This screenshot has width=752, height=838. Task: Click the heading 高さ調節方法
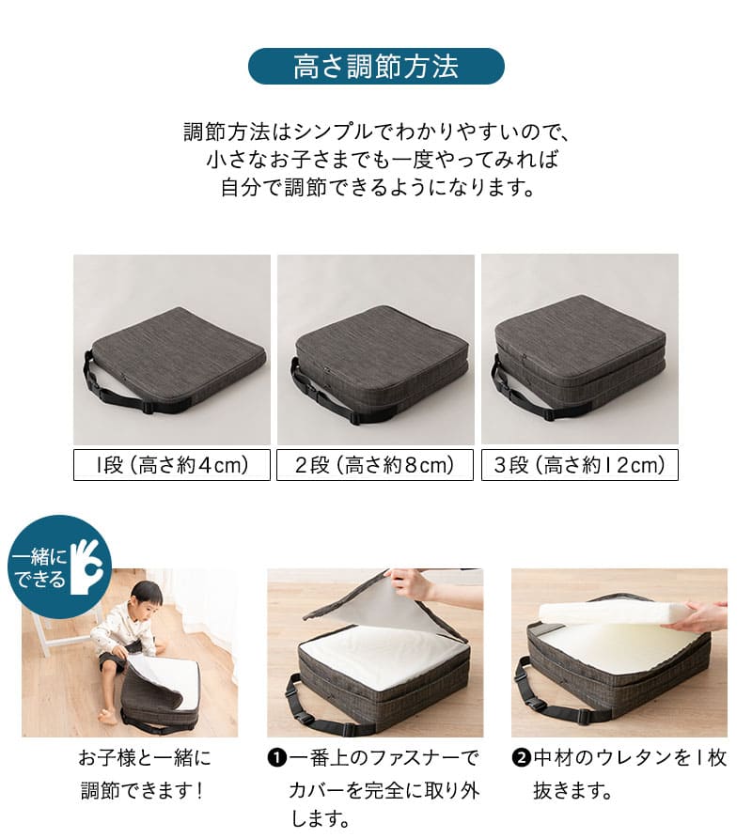376,67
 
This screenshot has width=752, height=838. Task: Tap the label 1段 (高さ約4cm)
172,465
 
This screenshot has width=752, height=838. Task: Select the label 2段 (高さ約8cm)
375,465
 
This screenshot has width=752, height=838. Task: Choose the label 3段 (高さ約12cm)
579,465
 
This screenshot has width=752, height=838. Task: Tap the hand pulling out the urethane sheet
705,616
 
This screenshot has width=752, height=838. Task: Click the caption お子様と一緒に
144,758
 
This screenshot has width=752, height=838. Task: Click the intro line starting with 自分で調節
376,186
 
